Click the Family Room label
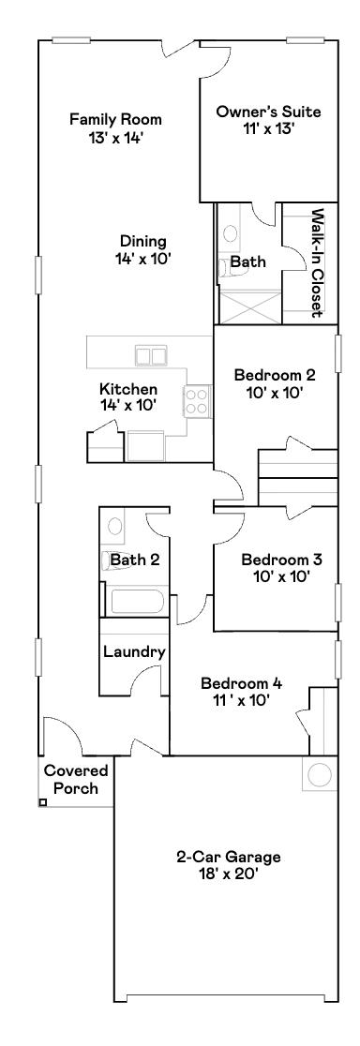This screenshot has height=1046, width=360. [116, 120]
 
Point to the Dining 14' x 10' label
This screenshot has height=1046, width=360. [142, 249]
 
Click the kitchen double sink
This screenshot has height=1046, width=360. [150, 355]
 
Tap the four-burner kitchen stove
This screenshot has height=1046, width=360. [196, 402]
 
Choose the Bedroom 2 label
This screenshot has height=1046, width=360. [275, 384]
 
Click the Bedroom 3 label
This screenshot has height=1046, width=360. [281, 568]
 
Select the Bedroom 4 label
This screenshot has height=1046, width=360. [241, 692]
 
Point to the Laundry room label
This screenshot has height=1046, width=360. [134, 652]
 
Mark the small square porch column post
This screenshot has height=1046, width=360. [42, 802]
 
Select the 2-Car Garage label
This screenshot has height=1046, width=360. [229, 856]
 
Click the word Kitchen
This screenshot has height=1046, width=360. [128, 389]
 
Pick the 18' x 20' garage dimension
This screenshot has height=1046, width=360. [230, 873]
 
